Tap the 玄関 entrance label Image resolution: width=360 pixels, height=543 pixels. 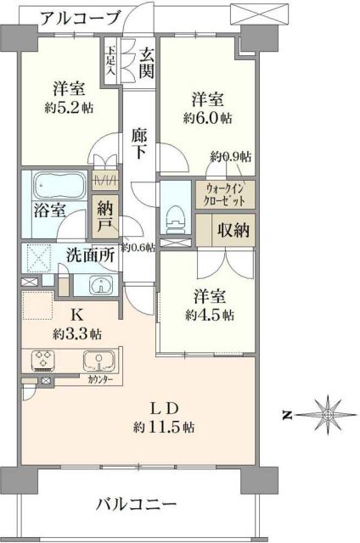[147, 63]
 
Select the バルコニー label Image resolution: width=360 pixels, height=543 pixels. [137, 504]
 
